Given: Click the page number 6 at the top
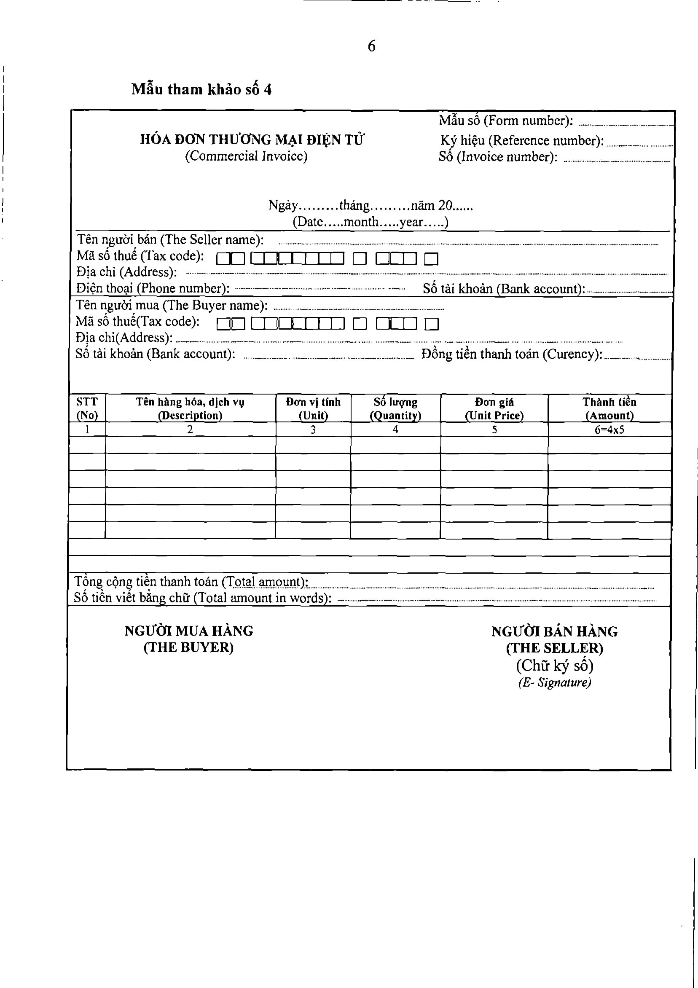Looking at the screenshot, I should pos(371,46).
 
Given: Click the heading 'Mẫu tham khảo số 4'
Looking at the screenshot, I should pos(201,89).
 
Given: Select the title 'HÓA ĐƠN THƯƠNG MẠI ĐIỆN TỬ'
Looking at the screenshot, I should pos(252,140).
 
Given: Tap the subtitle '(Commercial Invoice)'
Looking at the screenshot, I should pos(246,156).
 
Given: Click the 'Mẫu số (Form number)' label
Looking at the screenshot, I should pos(506,121).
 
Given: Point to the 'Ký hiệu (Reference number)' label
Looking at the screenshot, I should pos(521,140).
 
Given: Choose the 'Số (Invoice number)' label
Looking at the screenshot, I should pos(498,157).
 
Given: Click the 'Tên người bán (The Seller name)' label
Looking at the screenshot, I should pos(170,240).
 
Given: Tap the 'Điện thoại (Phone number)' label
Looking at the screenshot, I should pos(153,288).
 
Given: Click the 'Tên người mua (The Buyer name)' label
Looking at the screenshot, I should pos(172,305).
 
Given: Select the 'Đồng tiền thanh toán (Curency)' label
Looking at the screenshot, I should pos(512,354).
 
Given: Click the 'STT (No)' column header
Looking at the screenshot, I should pos(87,408).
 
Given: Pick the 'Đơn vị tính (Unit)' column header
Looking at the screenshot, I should pos(313,408).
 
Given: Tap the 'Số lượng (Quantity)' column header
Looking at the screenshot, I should pos(395,408).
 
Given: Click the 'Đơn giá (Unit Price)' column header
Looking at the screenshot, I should pos(494,408).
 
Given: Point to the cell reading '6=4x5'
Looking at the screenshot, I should pos(609,430).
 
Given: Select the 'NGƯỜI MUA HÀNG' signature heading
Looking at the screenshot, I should pos(189,631).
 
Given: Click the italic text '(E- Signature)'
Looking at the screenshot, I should pos(554,682).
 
